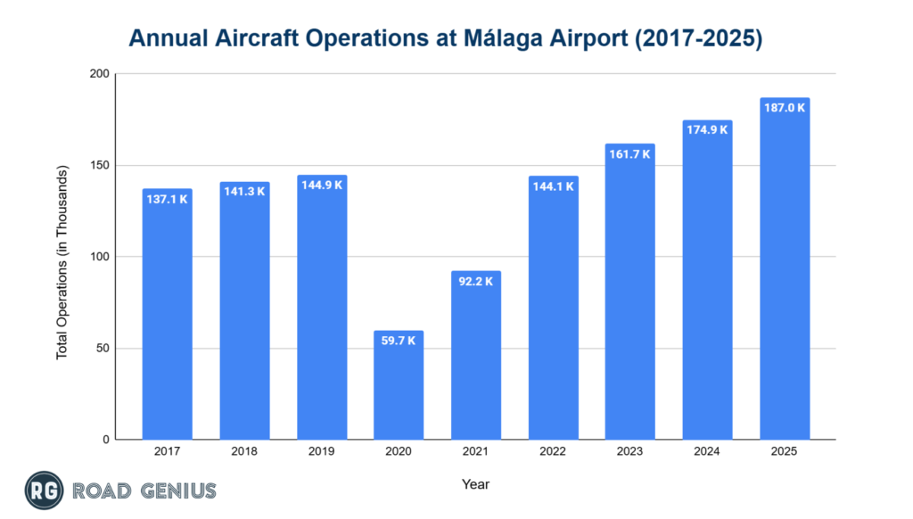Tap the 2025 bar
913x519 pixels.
(785, 268)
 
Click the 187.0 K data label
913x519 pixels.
(785, 107)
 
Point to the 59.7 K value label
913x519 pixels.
(399, 340)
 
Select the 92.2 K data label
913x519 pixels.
(476, 281)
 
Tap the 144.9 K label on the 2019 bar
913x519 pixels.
(322, 185)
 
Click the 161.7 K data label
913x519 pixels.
(630, 153)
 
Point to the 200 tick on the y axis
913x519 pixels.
(98, 75)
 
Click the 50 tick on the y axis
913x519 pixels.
(102, 349)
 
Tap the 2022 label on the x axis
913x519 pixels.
(553, 451)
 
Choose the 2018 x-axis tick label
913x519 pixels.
(244, 451)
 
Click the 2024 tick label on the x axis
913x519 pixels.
(707, 451)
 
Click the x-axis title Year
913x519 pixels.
(475, 484)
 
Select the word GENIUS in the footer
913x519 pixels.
(176, 490)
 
